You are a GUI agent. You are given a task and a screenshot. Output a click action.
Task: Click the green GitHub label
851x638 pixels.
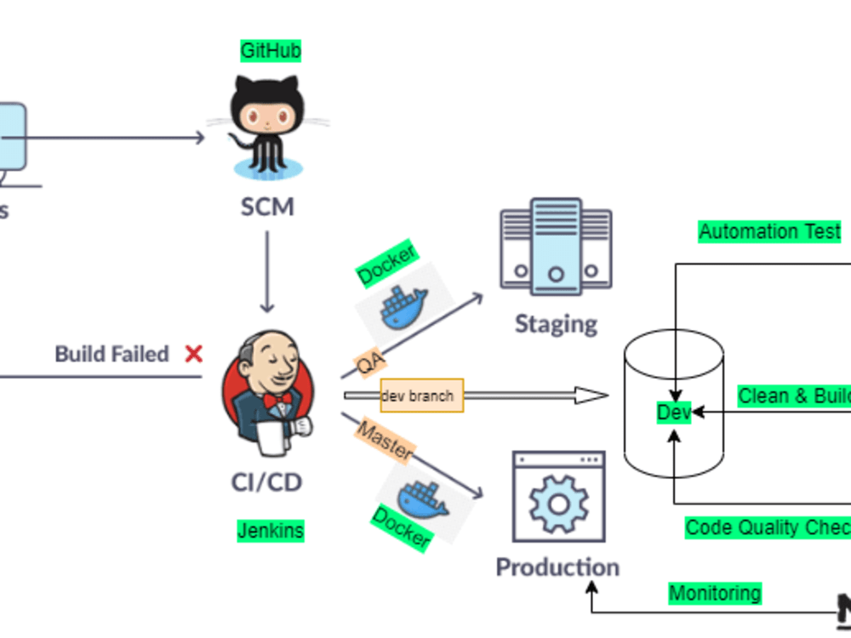pos(271,51)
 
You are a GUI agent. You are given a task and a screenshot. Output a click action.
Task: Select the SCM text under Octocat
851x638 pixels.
pos(267,207)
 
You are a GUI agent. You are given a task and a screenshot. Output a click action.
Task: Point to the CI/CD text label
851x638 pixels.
pos(267,482)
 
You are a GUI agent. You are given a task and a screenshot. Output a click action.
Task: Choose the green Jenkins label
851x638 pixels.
pos(270,531)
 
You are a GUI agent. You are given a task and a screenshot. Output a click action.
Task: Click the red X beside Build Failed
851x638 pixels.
pos(194,354)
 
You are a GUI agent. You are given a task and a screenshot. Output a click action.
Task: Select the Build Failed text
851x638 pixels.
pos(111,354)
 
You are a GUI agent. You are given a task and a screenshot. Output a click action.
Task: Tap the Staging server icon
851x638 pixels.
pos(555,246)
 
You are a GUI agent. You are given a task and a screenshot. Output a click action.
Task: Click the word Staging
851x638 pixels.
pos(556,324)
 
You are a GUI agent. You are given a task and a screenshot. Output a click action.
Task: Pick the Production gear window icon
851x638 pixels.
pos(558,498)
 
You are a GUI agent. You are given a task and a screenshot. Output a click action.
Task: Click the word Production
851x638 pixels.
pos(557,567)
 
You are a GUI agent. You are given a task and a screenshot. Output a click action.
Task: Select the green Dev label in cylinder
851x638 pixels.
pos(673,413)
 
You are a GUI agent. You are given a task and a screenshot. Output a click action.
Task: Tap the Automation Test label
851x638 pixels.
pos(769,231)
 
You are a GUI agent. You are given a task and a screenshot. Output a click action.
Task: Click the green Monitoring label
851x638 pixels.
pos(714,593)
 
